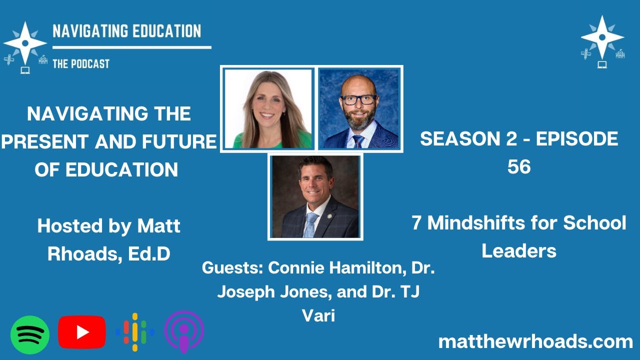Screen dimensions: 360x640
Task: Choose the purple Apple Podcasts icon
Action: pyautogui.click(x=184, y=332)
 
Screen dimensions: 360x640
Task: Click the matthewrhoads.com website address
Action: pyautogui.click(x=535, y=342)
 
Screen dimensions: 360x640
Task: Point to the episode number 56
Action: pyautogui.click(x=519, y=167)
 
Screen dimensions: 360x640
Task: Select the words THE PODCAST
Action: pyautogui.click(x=80, y=63)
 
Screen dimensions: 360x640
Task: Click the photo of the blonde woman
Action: pyautogui.click(x=267, y=109)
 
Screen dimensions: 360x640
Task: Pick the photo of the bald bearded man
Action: pyautogui.click(x=359, y=109)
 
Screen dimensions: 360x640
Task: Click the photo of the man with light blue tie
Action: pyautogui.click(x=315, y=196)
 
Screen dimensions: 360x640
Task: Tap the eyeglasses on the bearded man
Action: pyautogui.click(x=358, y=99)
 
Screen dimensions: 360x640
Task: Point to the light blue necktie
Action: pyautogui.click(x=310, y=224)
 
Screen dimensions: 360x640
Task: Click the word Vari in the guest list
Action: pyautogui.click(x=318, y=315)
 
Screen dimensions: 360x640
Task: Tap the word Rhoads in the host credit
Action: pyautogui.click(x=77, y=254)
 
